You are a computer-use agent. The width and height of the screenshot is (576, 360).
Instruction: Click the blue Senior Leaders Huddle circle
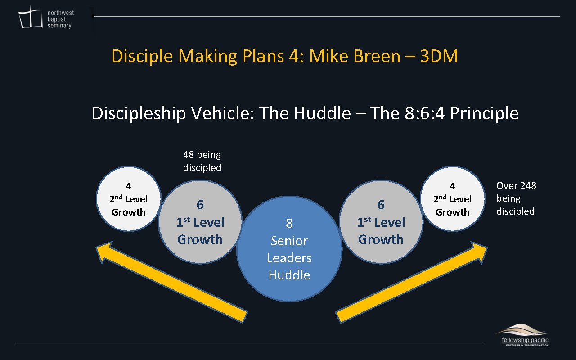[x=289, y=248]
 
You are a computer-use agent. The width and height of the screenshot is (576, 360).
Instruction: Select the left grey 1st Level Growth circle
[x=200, y=222]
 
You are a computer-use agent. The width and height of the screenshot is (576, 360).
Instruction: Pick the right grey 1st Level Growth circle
[x=381, y=222]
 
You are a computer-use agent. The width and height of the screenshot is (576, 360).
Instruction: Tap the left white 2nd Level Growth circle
[x=129, y=199]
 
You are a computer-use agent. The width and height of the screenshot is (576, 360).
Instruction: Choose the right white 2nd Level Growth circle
[x=452, y=199]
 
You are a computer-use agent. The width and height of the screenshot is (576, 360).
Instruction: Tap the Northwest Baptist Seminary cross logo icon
[x=31, y=18]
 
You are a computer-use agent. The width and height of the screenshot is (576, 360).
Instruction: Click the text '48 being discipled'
[x=202, y=161]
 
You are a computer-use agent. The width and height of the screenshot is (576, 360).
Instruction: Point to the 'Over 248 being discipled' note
[x=516, y=198]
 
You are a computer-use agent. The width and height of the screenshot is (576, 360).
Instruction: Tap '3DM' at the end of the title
[x=439, y=56]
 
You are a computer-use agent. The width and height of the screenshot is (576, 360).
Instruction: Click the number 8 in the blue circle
[x=289, y=223]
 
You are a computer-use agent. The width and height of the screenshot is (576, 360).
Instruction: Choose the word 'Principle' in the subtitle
[x=484, y=113]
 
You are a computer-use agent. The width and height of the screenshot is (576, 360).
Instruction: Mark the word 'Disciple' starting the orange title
[x=142, y=56]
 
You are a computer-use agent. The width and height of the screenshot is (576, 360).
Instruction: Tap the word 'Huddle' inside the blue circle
[x=289, y=275]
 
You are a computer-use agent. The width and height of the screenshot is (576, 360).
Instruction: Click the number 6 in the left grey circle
[x=200, y=205]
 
